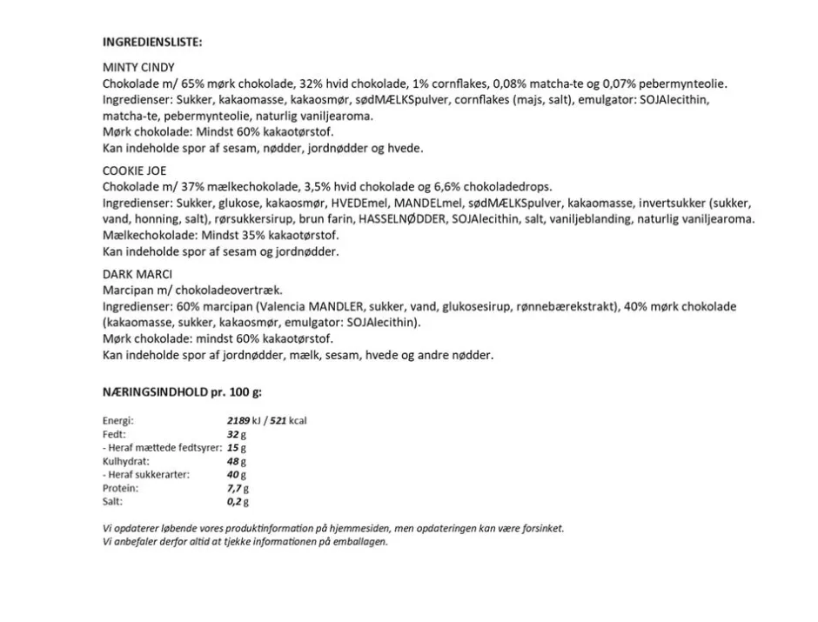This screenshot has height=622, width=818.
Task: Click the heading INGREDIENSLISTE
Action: point(151,41)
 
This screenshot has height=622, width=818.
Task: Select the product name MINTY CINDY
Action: point(138,68)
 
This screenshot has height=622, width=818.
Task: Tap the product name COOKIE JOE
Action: point(134,171)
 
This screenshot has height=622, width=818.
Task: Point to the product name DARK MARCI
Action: point(137,275)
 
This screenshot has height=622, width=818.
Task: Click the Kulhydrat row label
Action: point(126,461)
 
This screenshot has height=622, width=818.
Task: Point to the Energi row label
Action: point(117,421)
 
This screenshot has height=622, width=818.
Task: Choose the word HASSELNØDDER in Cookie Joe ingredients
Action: point(402,219)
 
